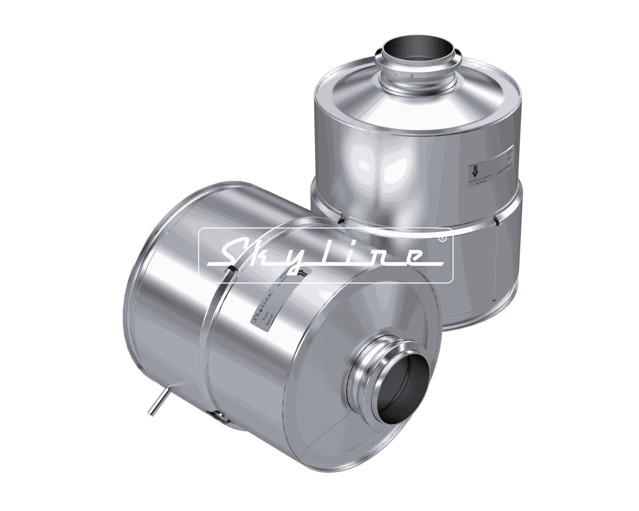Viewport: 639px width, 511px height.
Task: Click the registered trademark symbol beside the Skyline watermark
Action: tap(442, 238)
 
